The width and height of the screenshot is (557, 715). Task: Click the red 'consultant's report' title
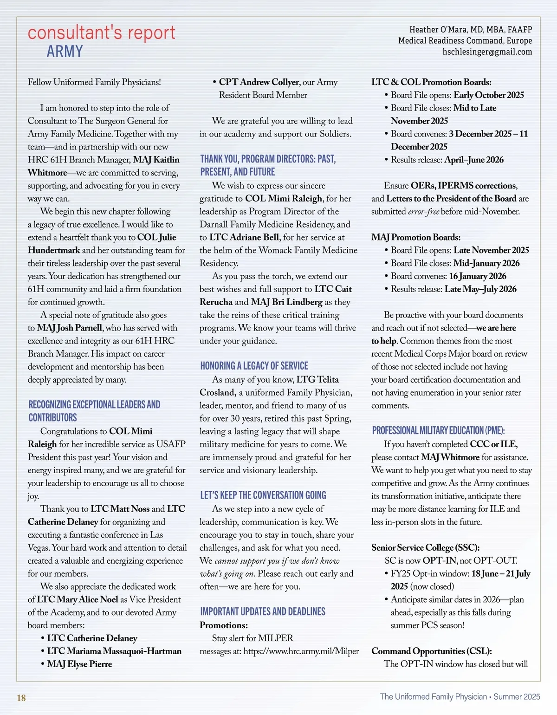(x=101, y=33)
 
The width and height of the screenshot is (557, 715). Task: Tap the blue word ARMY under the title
(x=65, y=51)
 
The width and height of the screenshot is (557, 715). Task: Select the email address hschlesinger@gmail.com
(x=487, y=52)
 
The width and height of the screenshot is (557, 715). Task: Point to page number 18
(x=21, y=698)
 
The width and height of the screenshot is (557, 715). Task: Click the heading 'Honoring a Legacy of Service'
(x=254, y=366)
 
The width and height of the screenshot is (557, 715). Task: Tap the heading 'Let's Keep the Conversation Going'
(x=263, y=495)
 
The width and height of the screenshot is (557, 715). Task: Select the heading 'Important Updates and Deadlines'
(x=262, y=611)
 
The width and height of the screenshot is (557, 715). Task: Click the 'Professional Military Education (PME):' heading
(x=438, y=430)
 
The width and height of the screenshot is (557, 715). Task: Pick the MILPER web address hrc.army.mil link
(x=301, y=651)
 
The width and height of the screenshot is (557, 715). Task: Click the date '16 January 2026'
(x=478, y=276)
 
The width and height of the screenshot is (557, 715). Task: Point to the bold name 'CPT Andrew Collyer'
(x=259, y=82)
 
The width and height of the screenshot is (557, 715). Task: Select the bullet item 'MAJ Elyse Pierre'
(x=79, y=664)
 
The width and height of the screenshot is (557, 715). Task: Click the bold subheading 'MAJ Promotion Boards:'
(x=416, y=237)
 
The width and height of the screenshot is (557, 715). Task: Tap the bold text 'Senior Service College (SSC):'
(x=425, y=547)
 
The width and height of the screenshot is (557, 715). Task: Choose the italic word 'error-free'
(x=423, y=212)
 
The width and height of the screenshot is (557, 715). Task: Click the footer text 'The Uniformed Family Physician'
(x=433, y=696)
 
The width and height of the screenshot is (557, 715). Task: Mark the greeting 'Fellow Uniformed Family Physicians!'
(x=94, y=82)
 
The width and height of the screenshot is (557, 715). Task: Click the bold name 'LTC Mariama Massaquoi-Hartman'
(x=114, y=651)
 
